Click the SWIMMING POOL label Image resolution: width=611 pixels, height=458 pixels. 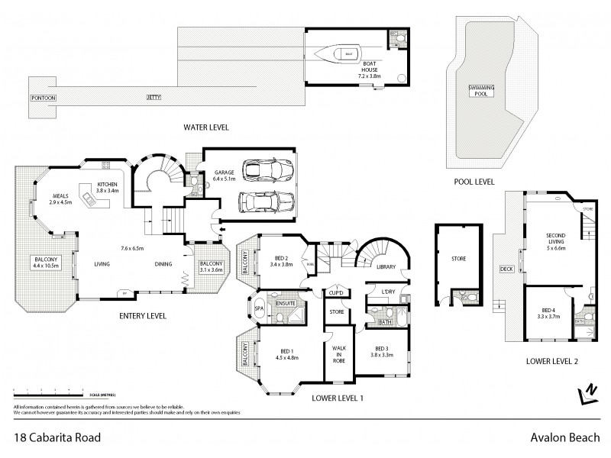coord(482,91)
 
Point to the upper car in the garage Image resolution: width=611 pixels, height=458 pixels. coord(263,169)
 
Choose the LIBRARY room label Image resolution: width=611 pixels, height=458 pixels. coord(385,267)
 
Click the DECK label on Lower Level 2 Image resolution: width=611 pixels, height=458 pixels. coord(505,268)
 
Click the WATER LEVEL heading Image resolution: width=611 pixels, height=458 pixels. coord(206,127)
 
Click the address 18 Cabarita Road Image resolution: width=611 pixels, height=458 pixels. coord(57,437)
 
